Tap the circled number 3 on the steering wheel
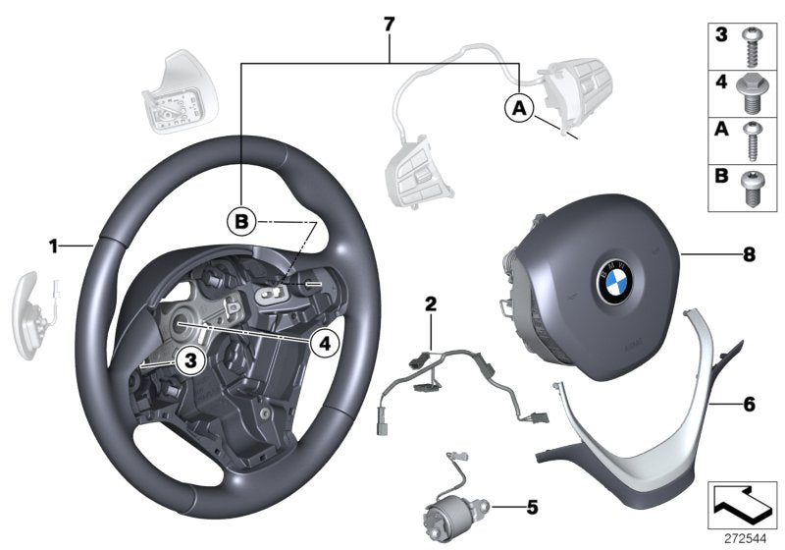click(190, 362)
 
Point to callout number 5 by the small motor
click(532, 508)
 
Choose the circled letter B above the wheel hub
click(239, 223)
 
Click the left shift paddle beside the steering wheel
click(32, 302)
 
